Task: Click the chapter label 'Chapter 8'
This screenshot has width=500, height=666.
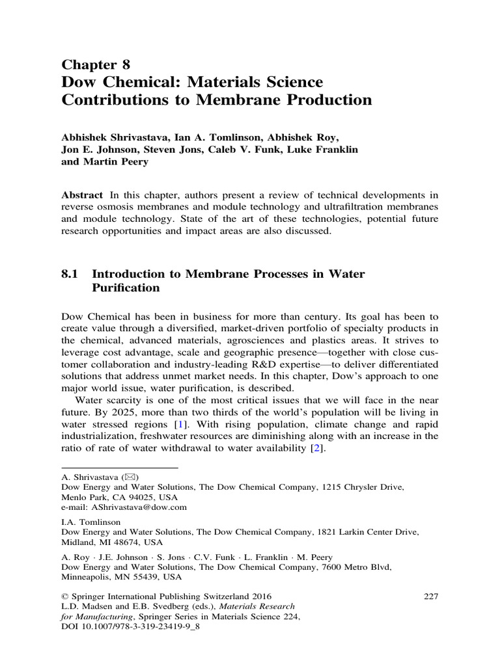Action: point(96,64)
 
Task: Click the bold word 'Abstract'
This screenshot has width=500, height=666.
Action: point(82,195)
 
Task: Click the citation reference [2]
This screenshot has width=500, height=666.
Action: point(317,449)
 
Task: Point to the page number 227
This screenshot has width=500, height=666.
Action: point(431,596)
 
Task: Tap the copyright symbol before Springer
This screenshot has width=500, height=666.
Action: point(64,596)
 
